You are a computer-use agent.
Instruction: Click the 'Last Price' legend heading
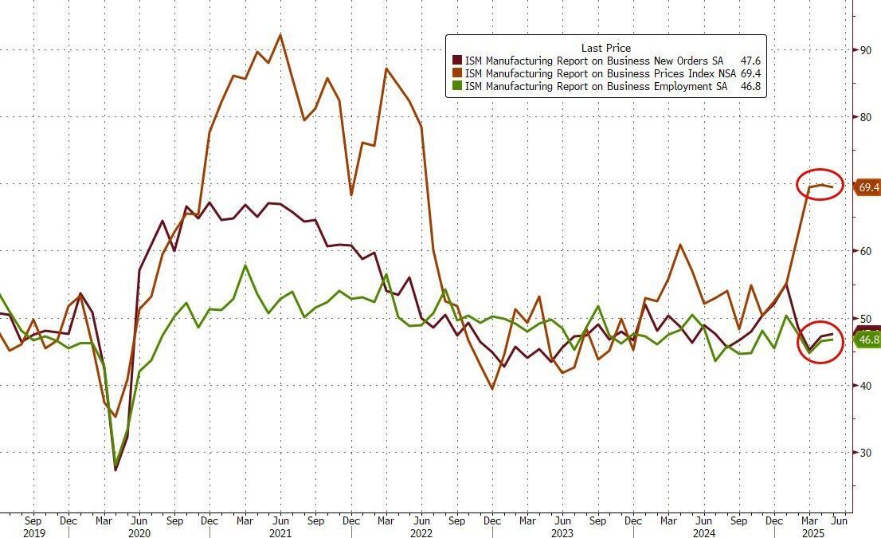pos(605,49)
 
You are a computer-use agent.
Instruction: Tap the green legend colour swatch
pos(457,86)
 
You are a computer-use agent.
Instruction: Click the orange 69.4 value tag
pos(867,187)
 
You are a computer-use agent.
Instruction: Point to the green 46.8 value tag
pos(867,340)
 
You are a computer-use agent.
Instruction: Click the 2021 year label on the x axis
pos(279,532)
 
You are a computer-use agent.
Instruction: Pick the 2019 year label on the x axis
pos(34,532)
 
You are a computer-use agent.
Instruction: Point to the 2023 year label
pos(562,532)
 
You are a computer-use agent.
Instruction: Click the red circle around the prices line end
pos(820,185)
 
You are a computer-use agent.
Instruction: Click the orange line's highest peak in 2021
pos(280,35)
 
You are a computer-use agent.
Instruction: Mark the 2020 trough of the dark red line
pos(116,469)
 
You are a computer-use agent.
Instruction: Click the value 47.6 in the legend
pos(750,61)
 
